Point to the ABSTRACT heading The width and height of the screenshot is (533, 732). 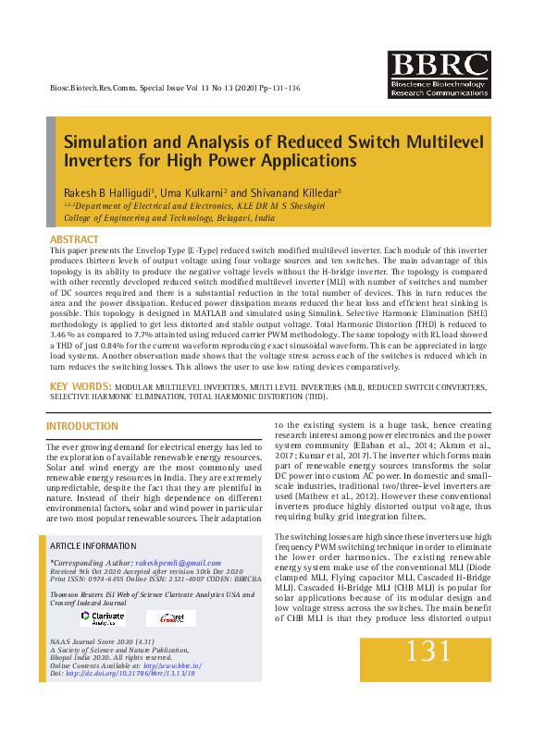tap(74, 239)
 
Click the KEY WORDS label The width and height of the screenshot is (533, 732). tap(81, 385)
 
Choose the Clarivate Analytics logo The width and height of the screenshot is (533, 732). tap(102, 617)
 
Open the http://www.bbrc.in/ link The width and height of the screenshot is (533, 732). tap(173, 665)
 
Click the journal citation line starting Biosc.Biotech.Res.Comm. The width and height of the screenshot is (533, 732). tap(174, 88)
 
